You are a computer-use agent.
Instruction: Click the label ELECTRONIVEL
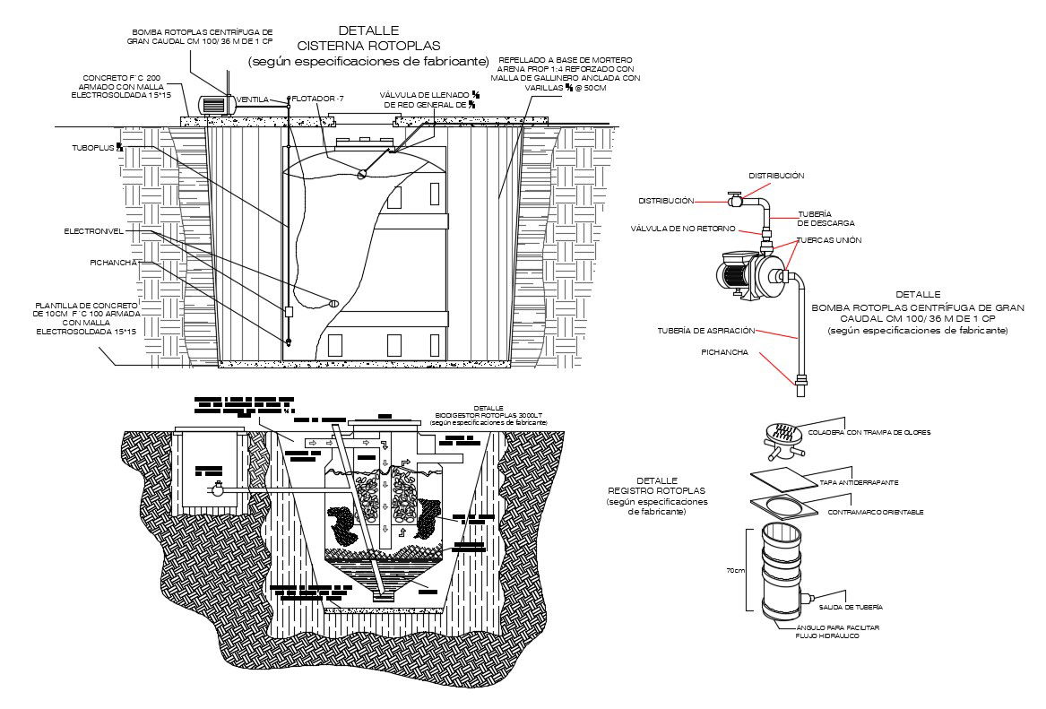[x=93, y=231]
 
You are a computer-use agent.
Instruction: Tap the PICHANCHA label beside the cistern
[x=113, y=264]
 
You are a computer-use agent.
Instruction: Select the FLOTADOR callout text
[x=315, y=98]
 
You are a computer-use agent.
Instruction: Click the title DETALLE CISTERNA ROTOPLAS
[x=368, y=38]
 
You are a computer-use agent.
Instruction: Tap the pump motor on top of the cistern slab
[x=215, y=105]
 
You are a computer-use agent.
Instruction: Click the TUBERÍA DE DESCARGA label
[x=826, y=218]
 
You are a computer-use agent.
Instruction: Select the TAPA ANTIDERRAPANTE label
[x=859, y=482]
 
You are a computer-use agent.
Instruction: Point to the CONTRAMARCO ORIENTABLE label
[x=876, y=512]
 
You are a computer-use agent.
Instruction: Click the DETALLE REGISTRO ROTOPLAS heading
[x=657, y=491]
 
